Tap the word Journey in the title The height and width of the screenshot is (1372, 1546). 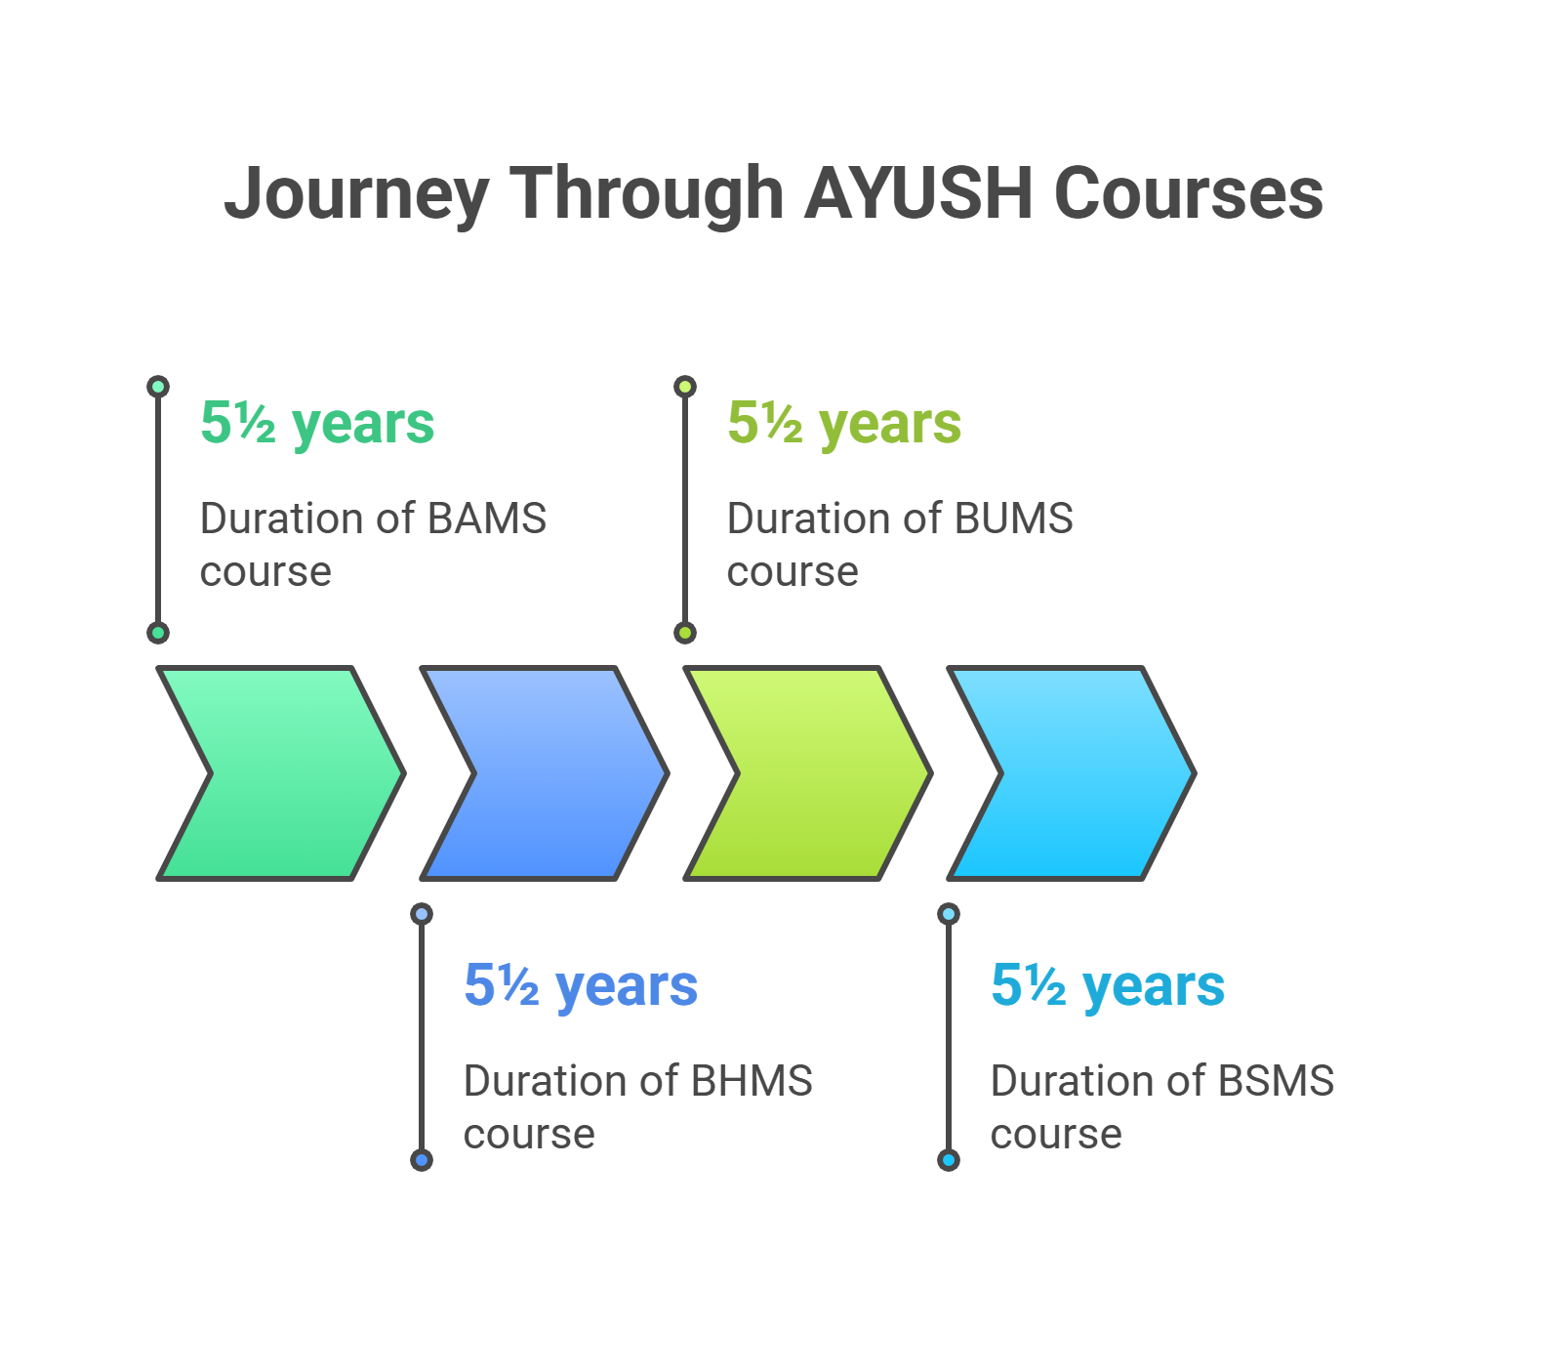[356, 193]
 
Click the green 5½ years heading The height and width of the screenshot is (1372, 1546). [317, 424]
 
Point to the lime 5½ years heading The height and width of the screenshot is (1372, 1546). [844, 424]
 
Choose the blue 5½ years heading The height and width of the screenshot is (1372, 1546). [581, 986]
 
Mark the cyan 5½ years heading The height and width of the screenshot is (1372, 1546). [1108, 986]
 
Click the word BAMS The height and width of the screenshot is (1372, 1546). [487, 519]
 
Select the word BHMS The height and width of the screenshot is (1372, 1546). [752, 1081]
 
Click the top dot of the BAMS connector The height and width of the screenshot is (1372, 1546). [158, 387]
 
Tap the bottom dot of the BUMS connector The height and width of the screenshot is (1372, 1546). [685, 633]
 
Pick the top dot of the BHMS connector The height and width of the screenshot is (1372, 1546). [422, 914]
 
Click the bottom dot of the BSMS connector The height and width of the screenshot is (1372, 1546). [949, 1160]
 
